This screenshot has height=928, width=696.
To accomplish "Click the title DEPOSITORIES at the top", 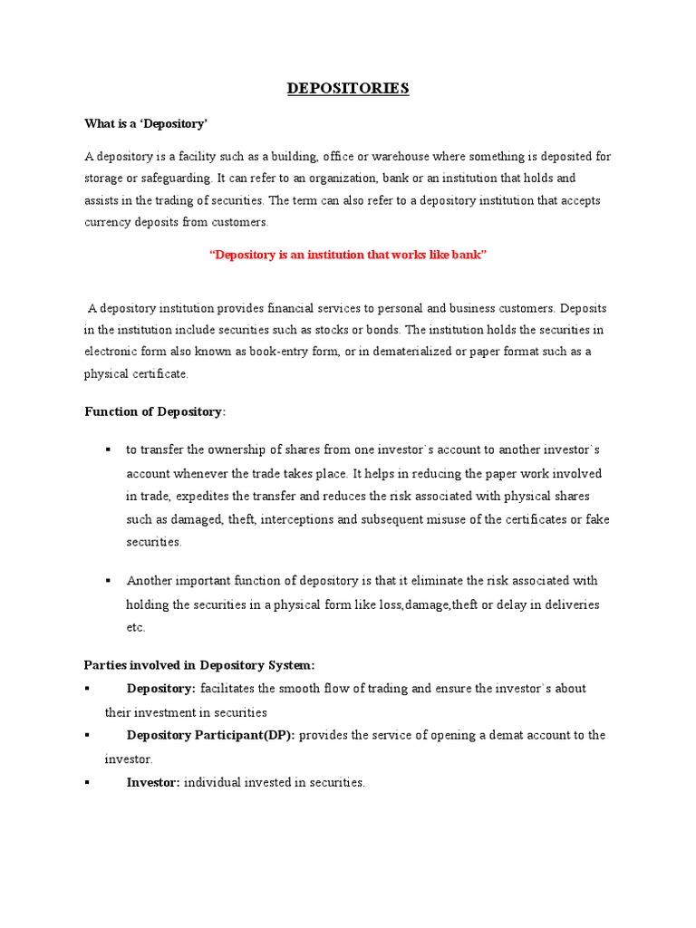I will click(x=348, y=88).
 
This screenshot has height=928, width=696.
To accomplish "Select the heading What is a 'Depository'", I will click(x=147, y=122).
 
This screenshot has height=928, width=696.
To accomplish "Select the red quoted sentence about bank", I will click(x=348, y=256).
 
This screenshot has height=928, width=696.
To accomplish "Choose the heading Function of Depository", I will click(x=155, y=411).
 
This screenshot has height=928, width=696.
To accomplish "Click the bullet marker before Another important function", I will click(x=108, y=580).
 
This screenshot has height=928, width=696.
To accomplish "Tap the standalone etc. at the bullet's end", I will click(x=135, y=627).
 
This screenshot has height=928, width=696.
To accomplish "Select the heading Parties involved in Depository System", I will click(x=199, y=665).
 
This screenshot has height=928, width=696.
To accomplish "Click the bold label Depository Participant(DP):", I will click(x=210, y=735).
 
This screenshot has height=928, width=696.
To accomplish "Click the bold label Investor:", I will click(x=153, y=782).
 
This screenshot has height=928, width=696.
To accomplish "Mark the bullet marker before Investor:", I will click(x=87, y=782).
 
